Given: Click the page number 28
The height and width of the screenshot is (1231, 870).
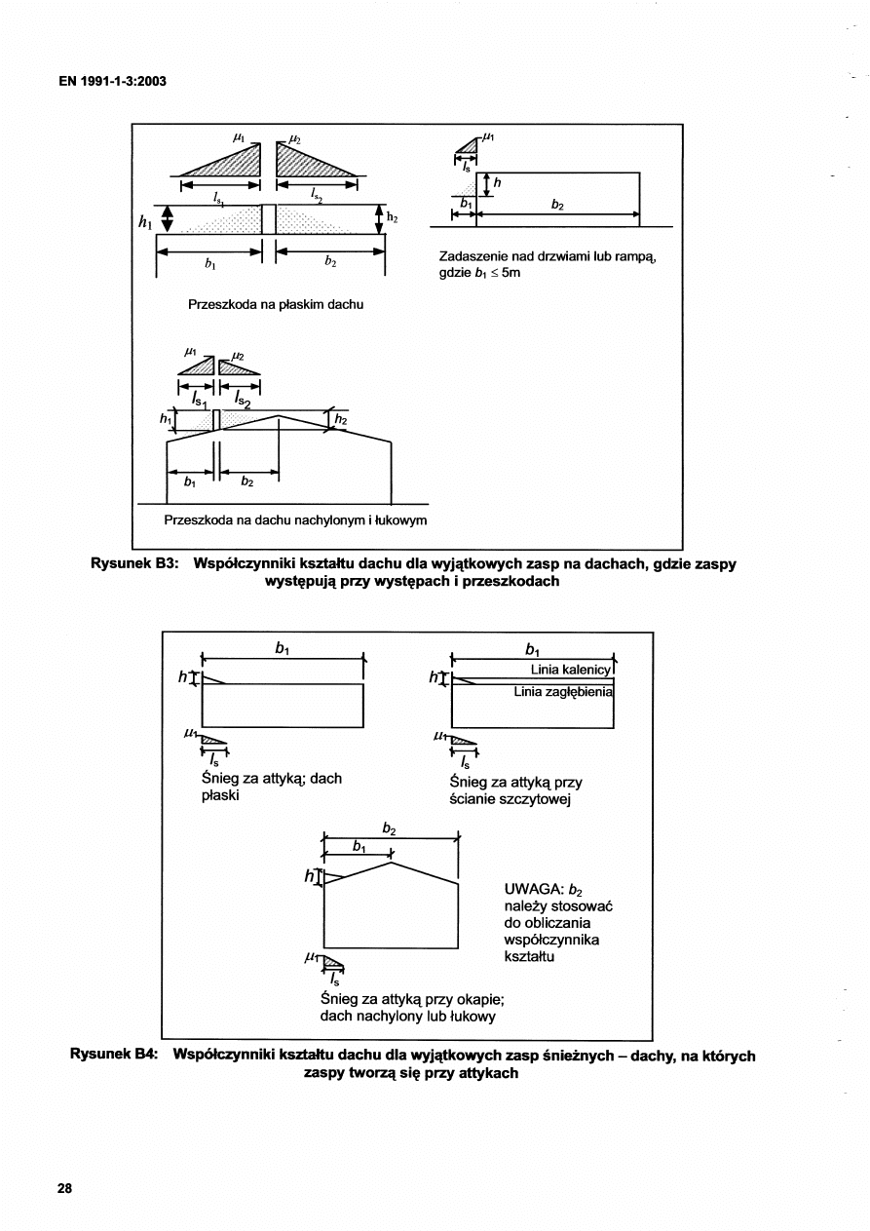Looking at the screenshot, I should [x=65, y=1188].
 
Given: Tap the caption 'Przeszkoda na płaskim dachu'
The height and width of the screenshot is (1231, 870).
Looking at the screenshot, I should [x=276, y=305].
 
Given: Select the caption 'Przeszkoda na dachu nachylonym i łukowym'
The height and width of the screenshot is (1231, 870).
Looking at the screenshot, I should [x=295, y=520].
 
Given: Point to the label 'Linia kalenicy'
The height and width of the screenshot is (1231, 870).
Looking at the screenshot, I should [x=570, y=671].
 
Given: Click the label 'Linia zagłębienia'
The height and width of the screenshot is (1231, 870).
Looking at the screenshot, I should [x=563, y=692].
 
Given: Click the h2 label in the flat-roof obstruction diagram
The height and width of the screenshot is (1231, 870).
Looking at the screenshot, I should [x=393, y=217].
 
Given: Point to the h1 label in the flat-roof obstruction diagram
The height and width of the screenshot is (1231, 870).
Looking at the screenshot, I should [x=145, y=222].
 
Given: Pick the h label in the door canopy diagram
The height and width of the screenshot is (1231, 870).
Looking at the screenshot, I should [x=498, y=182].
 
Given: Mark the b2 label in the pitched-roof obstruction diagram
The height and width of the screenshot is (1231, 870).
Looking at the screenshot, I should [x=246, y=481].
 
